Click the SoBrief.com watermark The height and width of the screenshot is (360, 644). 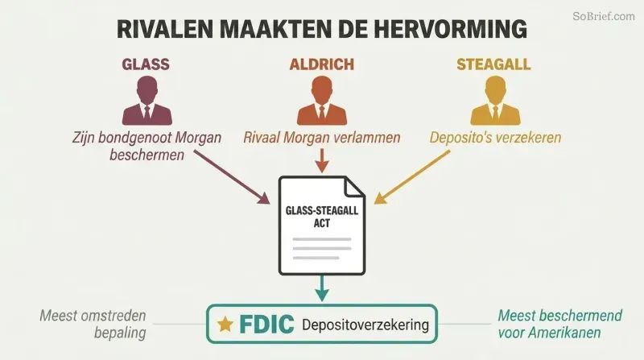604,16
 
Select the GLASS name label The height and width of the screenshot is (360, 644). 146,64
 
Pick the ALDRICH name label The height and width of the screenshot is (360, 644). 321,64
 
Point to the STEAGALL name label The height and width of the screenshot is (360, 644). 493,64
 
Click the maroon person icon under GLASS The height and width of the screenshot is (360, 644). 147,101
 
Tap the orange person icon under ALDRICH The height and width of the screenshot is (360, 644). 322,101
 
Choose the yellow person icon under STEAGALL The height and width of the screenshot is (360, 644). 495,101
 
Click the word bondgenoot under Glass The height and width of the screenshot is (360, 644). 136,138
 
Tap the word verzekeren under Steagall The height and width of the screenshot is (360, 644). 528,138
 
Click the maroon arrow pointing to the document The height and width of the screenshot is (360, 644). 232,177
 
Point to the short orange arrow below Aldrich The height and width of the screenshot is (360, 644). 322,161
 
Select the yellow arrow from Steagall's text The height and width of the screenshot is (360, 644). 412,177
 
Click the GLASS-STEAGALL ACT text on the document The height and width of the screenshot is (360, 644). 322,217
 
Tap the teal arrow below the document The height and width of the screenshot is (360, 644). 322,288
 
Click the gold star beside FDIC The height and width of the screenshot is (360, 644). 225,325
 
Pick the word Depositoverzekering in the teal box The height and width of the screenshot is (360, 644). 365,325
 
